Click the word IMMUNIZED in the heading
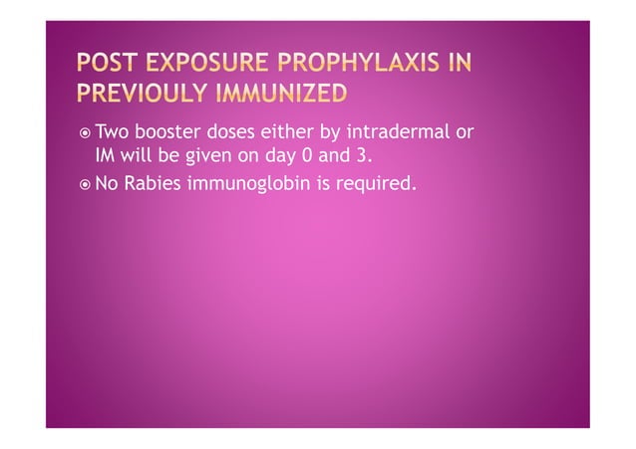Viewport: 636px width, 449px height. pos(289,95)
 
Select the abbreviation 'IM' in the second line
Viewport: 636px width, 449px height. pos(106,156)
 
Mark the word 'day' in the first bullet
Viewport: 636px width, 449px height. pos(266,156)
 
